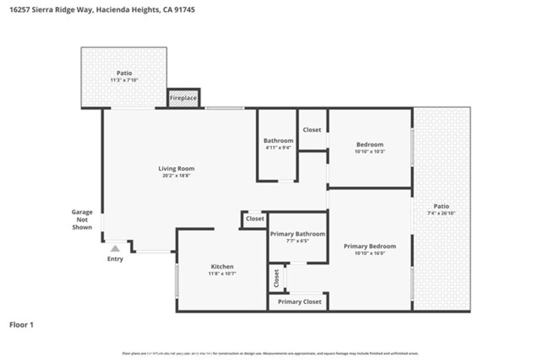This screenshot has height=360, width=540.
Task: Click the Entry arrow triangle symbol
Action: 115,248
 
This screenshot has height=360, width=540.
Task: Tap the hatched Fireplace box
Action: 183,99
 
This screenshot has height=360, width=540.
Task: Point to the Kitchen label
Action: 222,267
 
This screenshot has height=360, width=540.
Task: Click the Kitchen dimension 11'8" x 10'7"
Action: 222,274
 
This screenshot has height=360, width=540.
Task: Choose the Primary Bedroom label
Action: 370,246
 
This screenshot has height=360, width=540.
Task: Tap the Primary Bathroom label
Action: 297,234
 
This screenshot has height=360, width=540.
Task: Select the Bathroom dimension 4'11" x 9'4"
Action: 278,148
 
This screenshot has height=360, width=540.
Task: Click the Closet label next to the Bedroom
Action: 312,130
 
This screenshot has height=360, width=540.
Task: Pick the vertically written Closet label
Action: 276,279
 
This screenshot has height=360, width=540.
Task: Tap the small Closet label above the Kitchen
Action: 255,219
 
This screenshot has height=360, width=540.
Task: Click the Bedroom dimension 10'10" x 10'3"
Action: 370,151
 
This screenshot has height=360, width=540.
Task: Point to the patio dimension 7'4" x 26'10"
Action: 441,213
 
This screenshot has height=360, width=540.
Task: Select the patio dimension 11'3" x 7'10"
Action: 124,80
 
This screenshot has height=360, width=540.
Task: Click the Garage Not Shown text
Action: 82,220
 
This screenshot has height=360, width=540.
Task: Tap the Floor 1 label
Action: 22,325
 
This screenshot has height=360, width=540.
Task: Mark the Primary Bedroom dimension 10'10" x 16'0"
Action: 370,253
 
